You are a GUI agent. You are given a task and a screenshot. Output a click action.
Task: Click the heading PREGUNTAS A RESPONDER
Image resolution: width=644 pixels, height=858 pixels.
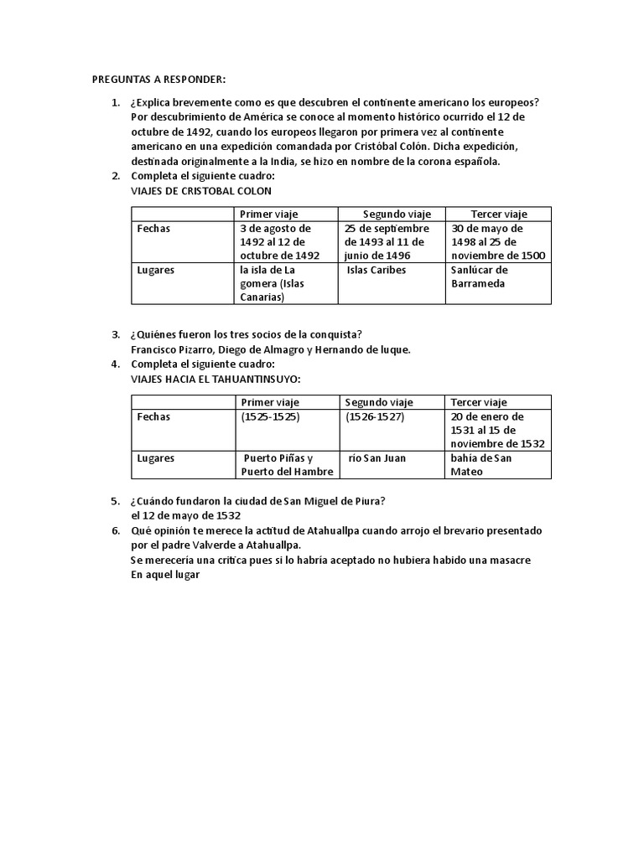click(x=158, y=80)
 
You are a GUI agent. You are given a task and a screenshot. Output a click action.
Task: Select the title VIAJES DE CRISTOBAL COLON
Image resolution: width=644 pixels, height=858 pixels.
click(x=200, y=191)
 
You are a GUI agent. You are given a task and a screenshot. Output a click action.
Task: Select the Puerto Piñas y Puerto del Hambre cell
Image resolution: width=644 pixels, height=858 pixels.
click(x=287, y=464)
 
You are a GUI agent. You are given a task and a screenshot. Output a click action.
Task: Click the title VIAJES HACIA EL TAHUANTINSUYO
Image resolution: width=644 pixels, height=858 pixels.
click(x=215, y=380)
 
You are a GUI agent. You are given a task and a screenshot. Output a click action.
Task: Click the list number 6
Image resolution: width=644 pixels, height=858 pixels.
click(x=115, y=531)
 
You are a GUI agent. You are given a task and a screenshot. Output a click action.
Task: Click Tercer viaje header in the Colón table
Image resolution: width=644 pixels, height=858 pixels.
click(x=498, y=214)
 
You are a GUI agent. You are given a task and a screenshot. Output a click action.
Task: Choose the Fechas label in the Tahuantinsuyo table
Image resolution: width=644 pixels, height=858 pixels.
click(x=153, y=416)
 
